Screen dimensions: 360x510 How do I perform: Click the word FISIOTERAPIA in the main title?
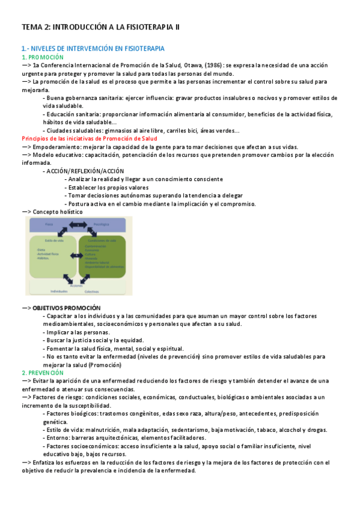pyautogui.click(x=149, y=28)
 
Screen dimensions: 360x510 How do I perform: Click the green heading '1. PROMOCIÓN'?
pyautogui.click(x=42, y=57)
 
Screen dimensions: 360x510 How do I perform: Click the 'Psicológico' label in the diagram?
pyautogui.click(x=102, y=225)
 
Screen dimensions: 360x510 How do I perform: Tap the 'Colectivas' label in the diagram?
pyautogui.click(x=92, y=292)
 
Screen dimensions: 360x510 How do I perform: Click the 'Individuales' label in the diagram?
pyautogui.click(x=59, y=291)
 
